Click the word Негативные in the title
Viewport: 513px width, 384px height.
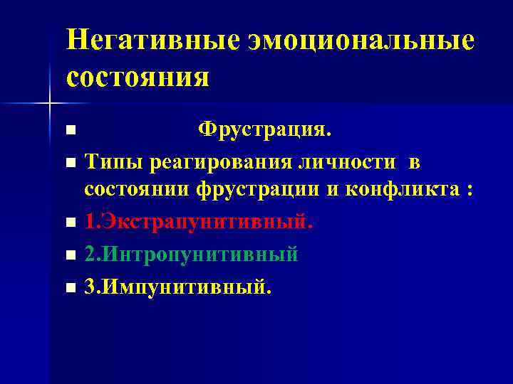point(152,40)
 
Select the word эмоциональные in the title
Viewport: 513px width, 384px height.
point(361,40)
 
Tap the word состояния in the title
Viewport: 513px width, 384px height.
point(138,76)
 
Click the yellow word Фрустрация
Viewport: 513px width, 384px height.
point(264,130)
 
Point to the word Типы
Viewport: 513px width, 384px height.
point(114,162)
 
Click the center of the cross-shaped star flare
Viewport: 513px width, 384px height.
point(49,104)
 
